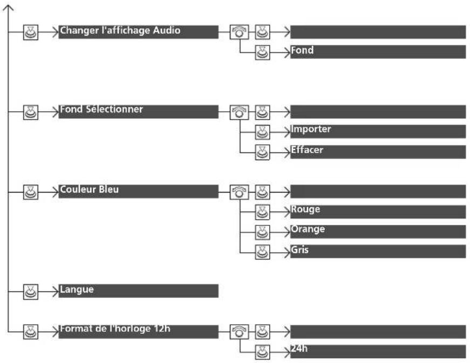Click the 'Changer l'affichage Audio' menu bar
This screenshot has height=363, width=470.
[x=138, y=32]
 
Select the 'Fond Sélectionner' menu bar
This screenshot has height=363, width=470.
[x=138, y=112]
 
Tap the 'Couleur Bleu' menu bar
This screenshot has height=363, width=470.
[x=138, y=191]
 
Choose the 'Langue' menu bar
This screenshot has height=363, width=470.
[x=138, y=291]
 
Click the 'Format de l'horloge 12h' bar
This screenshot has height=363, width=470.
[x=138, y=332]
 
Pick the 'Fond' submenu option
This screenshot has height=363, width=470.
[x=378, y=52]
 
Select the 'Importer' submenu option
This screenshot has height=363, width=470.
[x=378, y=132]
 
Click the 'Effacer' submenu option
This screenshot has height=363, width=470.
[x=378, y=152]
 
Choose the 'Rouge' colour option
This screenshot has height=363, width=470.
[x=378, y=212]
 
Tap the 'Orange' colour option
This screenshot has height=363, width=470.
[x=378, y=231]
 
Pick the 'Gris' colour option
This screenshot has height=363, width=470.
[x=378, y=251]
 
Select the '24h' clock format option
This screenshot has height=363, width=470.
[x=378, y=352]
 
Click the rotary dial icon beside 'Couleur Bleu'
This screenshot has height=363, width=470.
[x=239, y=192]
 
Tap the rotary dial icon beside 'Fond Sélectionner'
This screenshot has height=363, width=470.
[x=239, y=112]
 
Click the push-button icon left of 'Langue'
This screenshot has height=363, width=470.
[x=31, y=292]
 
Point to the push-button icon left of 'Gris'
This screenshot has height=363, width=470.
[x=262, y=252]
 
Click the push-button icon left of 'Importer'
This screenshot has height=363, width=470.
[x=262, y=132]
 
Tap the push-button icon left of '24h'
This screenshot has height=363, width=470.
[x=262, y=352]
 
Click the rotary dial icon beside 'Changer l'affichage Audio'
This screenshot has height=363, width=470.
[x=239, y=32]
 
